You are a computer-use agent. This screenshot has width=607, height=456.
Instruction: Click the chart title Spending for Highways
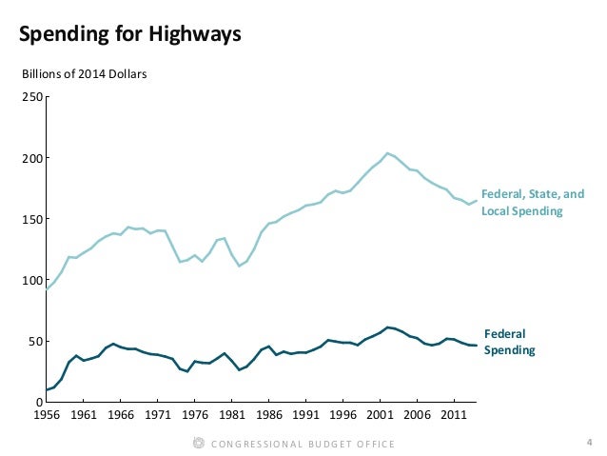130,35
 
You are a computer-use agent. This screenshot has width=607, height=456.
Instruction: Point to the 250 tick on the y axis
32,97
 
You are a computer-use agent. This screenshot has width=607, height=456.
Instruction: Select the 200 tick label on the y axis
32,158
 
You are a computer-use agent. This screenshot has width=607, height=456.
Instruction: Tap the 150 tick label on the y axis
32,219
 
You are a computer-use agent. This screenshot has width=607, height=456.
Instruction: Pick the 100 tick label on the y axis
32,281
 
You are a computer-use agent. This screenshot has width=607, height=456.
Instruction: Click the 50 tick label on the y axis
35,342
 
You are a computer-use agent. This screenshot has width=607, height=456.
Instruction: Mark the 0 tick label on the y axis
38,403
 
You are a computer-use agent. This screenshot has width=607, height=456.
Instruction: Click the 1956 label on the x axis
46,415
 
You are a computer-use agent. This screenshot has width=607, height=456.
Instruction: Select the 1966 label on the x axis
120,415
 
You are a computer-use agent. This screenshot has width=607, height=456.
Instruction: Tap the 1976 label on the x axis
194,415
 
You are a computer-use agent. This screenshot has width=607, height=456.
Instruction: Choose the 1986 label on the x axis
269,415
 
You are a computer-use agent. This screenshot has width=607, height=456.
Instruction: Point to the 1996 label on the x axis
343,415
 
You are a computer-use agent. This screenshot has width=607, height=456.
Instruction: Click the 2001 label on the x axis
381,415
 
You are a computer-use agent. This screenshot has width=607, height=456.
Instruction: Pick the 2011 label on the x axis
455,415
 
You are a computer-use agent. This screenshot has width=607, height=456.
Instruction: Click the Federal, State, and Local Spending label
532,203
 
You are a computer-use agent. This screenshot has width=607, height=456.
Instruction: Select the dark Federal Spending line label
509,343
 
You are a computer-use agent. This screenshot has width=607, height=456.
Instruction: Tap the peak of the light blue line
387,152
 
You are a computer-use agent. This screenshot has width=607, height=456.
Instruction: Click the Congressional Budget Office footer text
302,444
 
